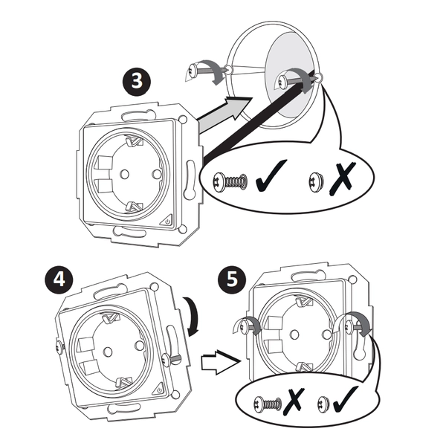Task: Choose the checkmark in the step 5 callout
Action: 346,402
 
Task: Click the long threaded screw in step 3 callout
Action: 230,181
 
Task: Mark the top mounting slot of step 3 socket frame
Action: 134,115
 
